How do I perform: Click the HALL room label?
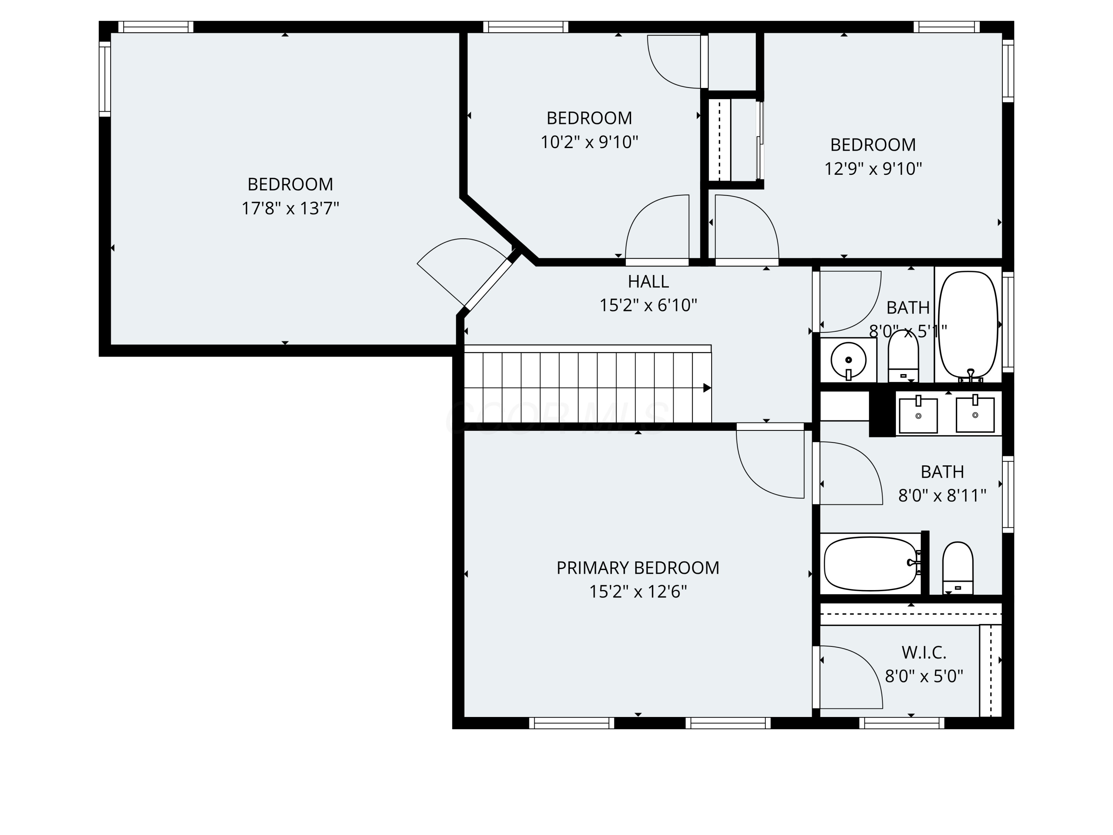point(648,281)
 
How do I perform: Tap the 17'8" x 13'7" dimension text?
point(290,208)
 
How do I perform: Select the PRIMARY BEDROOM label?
point(637,568)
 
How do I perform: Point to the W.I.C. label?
point(924,652)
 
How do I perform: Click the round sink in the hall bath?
point(848,360)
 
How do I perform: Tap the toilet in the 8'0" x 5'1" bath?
point(903,356)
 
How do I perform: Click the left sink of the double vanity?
point(918,415)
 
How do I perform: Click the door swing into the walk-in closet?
point(850,677)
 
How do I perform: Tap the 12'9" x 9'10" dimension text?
point(873,168)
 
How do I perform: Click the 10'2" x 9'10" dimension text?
point(589,143)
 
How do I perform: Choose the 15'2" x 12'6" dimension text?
point(637,592)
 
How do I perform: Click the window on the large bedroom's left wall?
point(105,79)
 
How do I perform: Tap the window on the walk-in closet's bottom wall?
point(902,723)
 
